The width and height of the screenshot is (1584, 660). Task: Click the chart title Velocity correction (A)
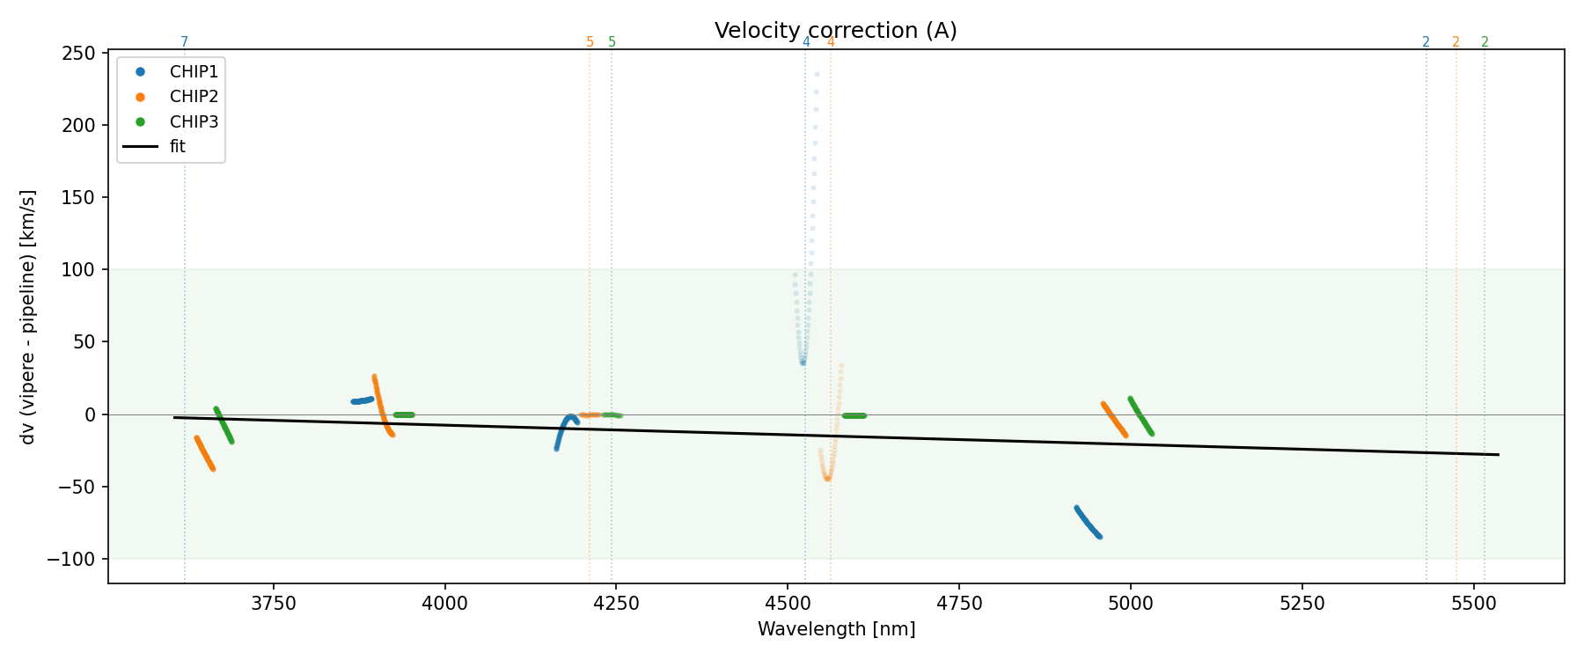pos(835,31)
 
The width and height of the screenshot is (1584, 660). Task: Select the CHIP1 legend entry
pos(194,72)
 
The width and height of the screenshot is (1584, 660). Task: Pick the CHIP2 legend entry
pos(194,97)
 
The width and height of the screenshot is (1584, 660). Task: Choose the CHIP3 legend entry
pos(194,121)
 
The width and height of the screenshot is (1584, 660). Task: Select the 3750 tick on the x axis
pos(274,603)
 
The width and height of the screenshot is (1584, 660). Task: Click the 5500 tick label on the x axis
pos(1473,603)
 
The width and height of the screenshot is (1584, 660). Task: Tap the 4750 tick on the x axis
pos(959,603)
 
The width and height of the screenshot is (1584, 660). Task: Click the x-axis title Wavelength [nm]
pos(836,629)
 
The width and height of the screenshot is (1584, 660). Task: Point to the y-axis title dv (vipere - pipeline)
pos(28,317)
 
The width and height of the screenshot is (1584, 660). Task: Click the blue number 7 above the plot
pos(184,42)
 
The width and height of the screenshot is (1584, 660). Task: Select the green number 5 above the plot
pos(612,42)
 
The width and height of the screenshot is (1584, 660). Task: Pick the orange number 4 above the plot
pos(831,42)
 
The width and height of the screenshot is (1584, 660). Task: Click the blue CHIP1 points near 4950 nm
pos(1088,523)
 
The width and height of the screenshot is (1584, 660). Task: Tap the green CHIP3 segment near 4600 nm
pos(854,415)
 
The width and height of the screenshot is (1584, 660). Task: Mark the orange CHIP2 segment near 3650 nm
pos(204,453)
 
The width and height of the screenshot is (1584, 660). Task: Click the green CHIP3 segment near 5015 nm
pos(1140,415)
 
